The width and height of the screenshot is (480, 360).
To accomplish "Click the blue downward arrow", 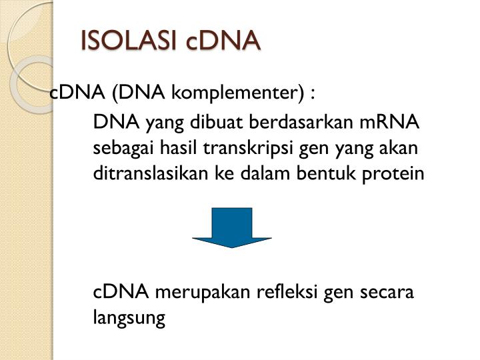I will point(232,227).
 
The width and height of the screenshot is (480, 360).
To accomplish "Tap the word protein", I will point(399,173).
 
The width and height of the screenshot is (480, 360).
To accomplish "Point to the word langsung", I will point(129,319).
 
